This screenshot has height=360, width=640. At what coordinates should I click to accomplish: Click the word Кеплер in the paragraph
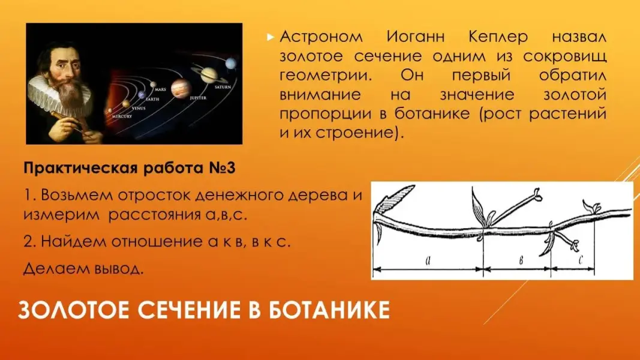pos(498,37)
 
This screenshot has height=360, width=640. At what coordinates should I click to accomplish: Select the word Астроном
pos(321,37)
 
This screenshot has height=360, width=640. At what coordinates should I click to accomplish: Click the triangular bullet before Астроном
pos(270,38)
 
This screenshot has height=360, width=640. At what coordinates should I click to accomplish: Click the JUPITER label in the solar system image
pos(198,98)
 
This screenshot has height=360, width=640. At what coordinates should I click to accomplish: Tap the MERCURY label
pos(122,116)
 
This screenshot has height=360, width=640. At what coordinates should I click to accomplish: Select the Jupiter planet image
pos(180,88)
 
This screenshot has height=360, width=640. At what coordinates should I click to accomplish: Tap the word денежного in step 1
pos(239,195)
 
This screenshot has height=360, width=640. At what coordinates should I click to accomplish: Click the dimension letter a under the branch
pos(428,260)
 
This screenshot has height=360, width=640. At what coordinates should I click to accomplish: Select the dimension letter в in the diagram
pos(521,260)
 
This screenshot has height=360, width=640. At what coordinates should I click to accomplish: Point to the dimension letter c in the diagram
pos(581,259)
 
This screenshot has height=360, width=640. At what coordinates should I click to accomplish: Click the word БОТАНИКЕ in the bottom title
pos(329,310)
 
